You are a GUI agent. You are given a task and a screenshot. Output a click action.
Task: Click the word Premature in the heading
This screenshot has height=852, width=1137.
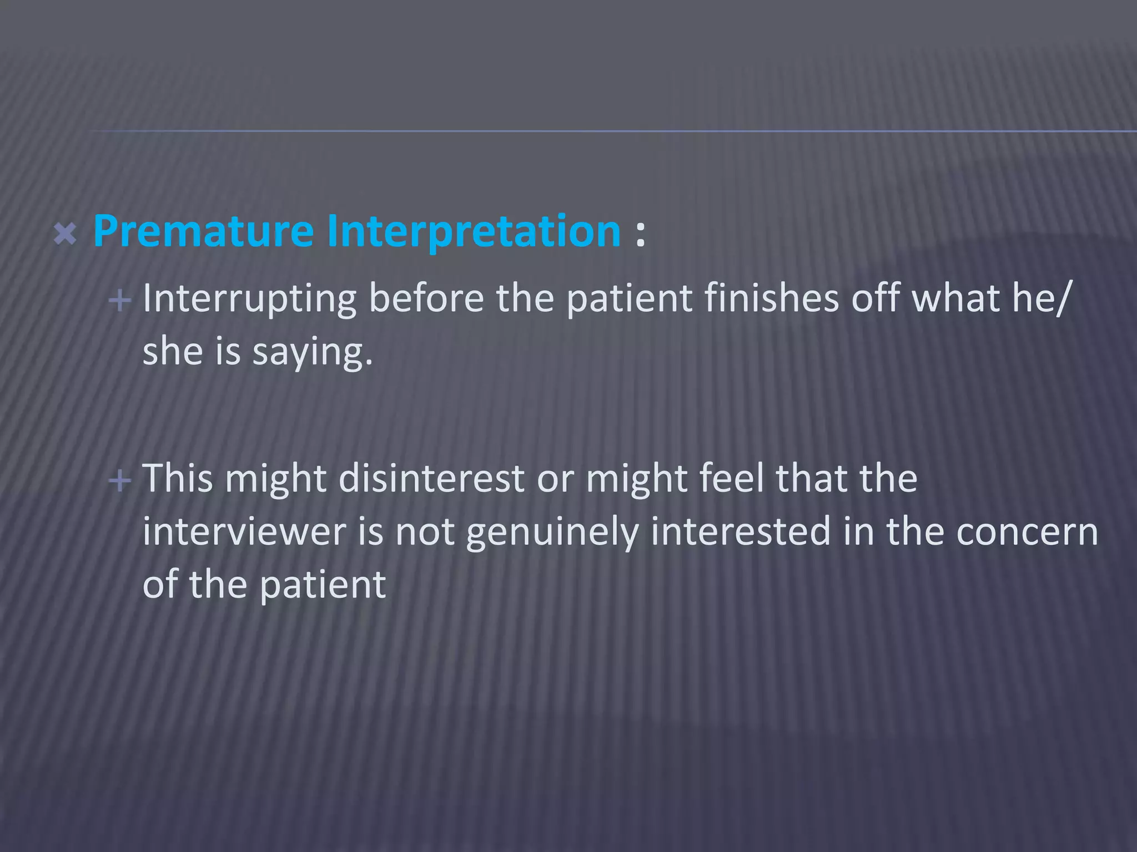tap(203, 231)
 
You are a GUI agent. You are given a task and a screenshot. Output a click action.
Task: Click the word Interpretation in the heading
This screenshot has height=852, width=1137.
tap(474, 231)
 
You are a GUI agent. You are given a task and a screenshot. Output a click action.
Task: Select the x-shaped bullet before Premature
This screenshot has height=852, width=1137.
tap(65, 234)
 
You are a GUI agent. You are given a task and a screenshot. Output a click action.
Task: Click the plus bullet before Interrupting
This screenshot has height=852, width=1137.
tap(120, 301)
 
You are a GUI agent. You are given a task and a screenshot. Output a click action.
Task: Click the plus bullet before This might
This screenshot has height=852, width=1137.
tap(120, 480)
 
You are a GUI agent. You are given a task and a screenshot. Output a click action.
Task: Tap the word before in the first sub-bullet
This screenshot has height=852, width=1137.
tap(426, 298)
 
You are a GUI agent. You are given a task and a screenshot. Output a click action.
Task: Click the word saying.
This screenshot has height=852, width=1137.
tap(311, 353)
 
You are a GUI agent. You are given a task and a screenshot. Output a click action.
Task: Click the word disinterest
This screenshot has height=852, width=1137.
tap(431, 478)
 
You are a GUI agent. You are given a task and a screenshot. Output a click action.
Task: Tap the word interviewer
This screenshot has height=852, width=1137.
tap(244, 531)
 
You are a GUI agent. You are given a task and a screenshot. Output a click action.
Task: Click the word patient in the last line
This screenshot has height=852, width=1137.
tap(322, 585)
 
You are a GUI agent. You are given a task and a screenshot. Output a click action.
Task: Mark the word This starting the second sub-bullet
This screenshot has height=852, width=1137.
tap(178, 478)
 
